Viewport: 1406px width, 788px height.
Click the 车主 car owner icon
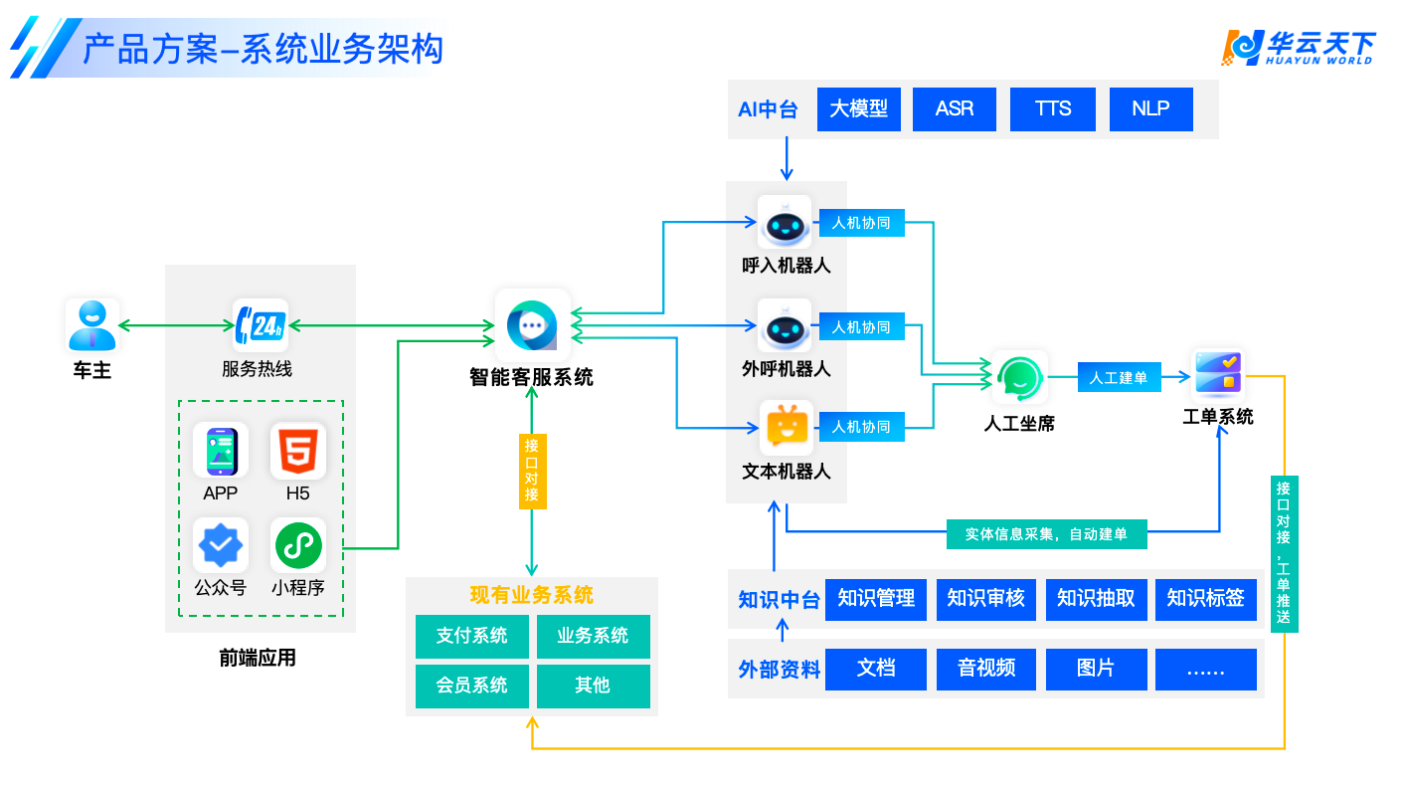[x=92, y=325]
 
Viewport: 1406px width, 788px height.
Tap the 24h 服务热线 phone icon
[x=261, y=325]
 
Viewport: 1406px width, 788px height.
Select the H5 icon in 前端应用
[x=298, y=451]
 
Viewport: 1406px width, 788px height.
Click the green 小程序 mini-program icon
[x=298, y=544]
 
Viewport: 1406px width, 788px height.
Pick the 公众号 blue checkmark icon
[x=221, y=544]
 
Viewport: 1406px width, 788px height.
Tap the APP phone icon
[x=221, y=451]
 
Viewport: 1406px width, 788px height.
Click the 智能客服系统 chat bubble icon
[x=533, y=325]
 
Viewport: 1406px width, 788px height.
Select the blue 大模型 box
[x=858, y=109]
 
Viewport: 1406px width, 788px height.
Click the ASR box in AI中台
[x=955, y=109]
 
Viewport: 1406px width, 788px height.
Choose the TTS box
[x=1053, y=109]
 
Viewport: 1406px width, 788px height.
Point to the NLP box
[x=1150, y=109]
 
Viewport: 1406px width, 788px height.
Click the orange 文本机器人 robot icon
[x=786, y=428]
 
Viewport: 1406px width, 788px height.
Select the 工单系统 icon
[x=1218, y=375]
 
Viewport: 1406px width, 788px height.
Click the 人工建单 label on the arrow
[x=1119, y=378]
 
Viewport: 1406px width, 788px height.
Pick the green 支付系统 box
[x=472, y=636]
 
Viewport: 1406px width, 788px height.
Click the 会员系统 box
[x=472, y=686]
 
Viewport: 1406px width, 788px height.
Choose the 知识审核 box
[x=985, y=600]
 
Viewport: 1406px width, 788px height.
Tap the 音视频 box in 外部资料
[x=986, y=669]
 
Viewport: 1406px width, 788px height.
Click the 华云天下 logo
[x=1300, y=47]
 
